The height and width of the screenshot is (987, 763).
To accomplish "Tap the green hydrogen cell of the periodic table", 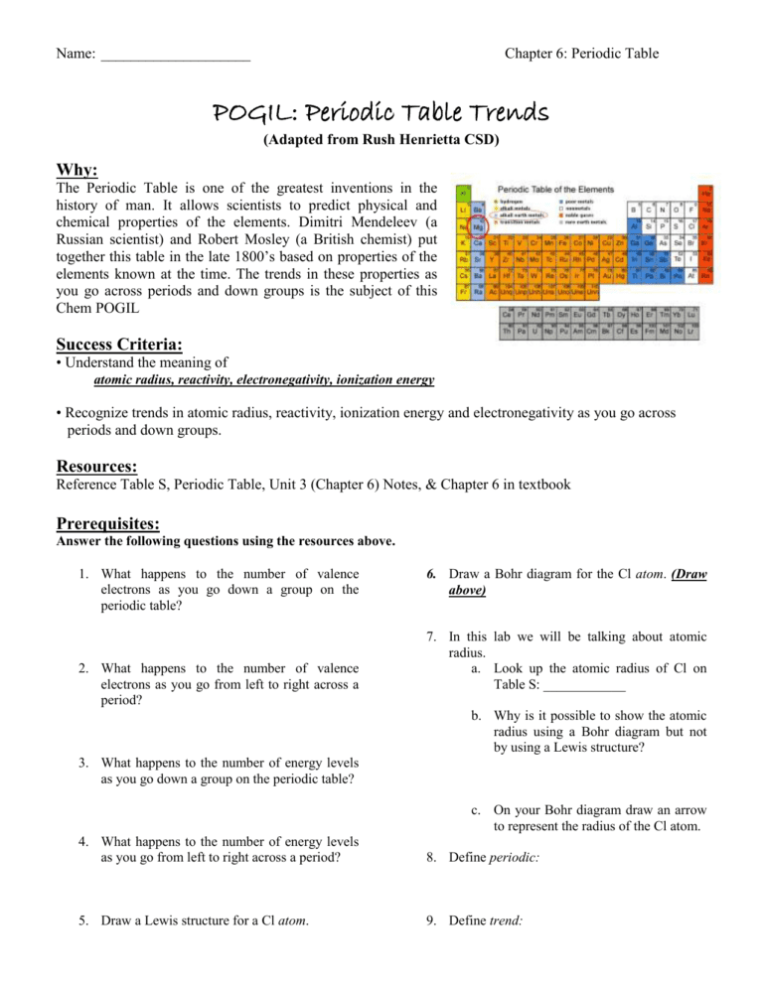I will point(462,194).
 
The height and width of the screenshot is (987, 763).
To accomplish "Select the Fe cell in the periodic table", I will point(562,243).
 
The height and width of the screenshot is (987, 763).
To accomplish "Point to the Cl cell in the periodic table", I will point(690,227).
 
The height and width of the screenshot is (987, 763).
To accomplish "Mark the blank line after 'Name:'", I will point(175,53).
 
